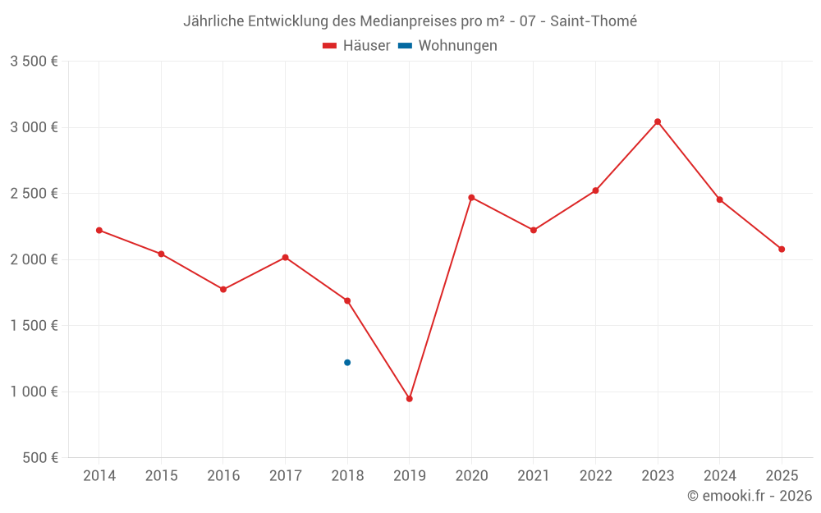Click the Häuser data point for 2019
(409, 399)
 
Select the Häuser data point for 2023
(658, 121)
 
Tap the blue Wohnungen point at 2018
(347, 362)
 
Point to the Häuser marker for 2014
(99, 230)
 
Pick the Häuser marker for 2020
(471, 197)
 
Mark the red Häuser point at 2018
(347, 300)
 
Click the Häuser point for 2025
(782, 249)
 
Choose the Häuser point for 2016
(223, 289)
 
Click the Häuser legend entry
(356, 46)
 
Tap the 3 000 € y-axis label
(34, 127)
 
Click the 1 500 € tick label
(34, 326)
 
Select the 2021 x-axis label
(534, 476)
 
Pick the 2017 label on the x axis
(285, 476)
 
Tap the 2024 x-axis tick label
(719, 476)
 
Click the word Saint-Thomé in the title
(593, 21)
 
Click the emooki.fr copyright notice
(750, 496)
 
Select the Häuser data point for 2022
(595, 190)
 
